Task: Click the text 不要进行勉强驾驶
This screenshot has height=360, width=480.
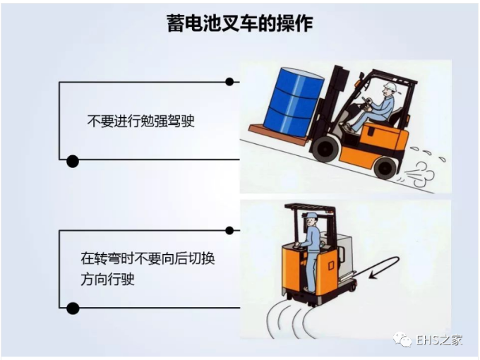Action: [140, 121]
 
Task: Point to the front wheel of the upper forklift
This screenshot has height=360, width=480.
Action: [326, 148]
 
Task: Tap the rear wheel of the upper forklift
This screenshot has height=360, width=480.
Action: [385, 167]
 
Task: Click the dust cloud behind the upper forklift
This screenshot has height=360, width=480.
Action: [423, 170]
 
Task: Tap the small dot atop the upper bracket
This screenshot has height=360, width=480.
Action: [229, 82]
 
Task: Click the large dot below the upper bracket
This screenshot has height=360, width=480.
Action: [72, 161]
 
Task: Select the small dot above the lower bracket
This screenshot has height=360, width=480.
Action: [229, 230]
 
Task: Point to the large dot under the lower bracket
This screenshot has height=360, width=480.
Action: [72, 308]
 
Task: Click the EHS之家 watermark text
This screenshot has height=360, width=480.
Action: [438, 340]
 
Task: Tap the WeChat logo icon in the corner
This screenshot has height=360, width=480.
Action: [403, 340]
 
